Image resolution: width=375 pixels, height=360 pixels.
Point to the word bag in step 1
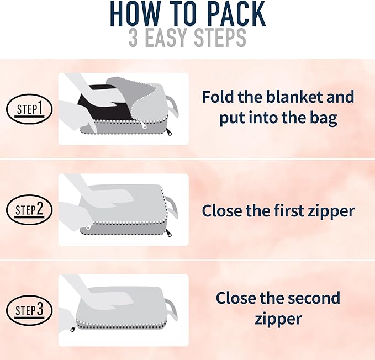tap(323, 118)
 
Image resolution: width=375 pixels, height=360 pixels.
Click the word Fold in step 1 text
tap(216, 97)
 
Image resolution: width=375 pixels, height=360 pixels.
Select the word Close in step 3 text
tap(235, 299)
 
